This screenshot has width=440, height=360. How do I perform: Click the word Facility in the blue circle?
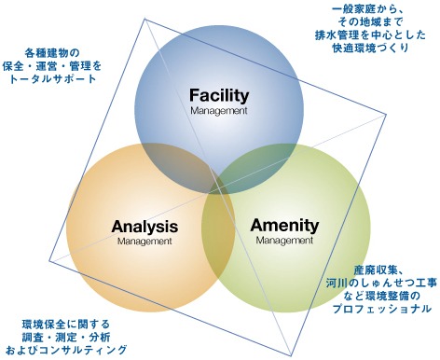[x=219, y=95]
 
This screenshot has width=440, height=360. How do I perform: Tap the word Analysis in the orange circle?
[x=144, y=227]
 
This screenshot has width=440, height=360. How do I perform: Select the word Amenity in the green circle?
[x=284, y=226]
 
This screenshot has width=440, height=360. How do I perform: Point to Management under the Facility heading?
[x=219, y=111]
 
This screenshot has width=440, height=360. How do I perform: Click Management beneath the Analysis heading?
[x=144, y=242]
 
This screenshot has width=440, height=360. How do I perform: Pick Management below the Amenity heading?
[x=284, y=241]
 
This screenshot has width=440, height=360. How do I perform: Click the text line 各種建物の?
[x=52, y=53]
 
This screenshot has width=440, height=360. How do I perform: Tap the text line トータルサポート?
[x=52, y=79]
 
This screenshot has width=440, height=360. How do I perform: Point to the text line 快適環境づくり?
[x=370, y=48]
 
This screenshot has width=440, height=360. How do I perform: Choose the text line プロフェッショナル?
[x=382, y=309]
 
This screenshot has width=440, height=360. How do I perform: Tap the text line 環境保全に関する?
[x=66, y=325]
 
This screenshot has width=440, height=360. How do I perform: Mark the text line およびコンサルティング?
[x=66, y=350]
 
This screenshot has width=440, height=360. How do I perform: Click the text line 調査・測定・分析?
[x=66, y=337]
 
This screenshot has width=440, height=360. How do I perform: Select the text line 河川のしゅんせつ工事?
[x=382, y=283]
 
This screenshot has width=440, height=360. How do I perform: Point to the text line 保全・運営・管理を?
[x=52, y=66]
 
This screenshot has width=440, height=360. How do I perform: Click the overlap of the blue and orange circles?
[x=180, y=166]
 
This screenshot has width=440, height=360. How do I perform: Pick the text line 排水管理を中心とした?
[x=370, y=35]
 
